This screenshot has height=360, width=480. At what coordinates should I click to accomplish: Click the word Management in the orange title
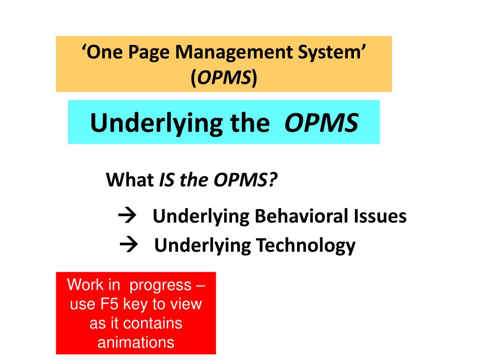click(234, 52)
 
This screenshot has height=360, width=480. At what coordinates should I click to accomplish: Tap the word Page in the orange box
click(149, 52)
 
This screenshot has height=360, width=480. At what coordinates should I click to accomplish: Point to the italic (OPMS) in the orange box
click(224, 78)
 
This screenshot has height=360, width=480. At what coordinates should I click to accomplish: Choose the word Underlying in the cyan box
click(157, 123)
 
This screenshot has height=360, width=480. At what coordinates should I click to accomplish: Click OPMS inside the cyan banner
click(321, 123)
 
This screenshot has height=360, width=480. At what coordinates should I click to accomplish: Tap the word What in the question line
click(129, 180)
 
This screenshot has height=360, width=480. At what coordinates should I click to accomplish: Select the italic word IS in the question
click(167, 180)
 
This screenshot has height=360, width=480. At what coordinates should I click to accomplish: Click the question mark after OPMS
click(273, 180)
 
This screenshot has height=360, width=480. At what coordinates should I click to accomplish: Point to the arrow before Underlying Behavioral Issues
click(127, 215)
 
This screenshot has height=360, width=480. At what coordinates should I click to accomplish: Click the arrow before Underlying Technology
click(128, 244)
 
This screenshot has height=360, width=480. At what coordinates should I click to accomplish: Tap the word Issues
click(380, 216)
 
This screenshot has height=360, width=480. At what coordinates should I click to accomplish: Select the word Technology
click(306, 246)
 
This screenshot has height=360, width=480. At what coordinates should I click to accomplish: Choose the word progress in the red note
click(160, 285)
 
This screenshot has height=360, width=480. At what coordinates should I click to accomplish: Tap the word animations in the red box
click(136, 342)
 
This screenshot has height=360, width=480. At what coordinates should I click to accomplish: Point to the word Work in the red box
click(85, 285)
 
